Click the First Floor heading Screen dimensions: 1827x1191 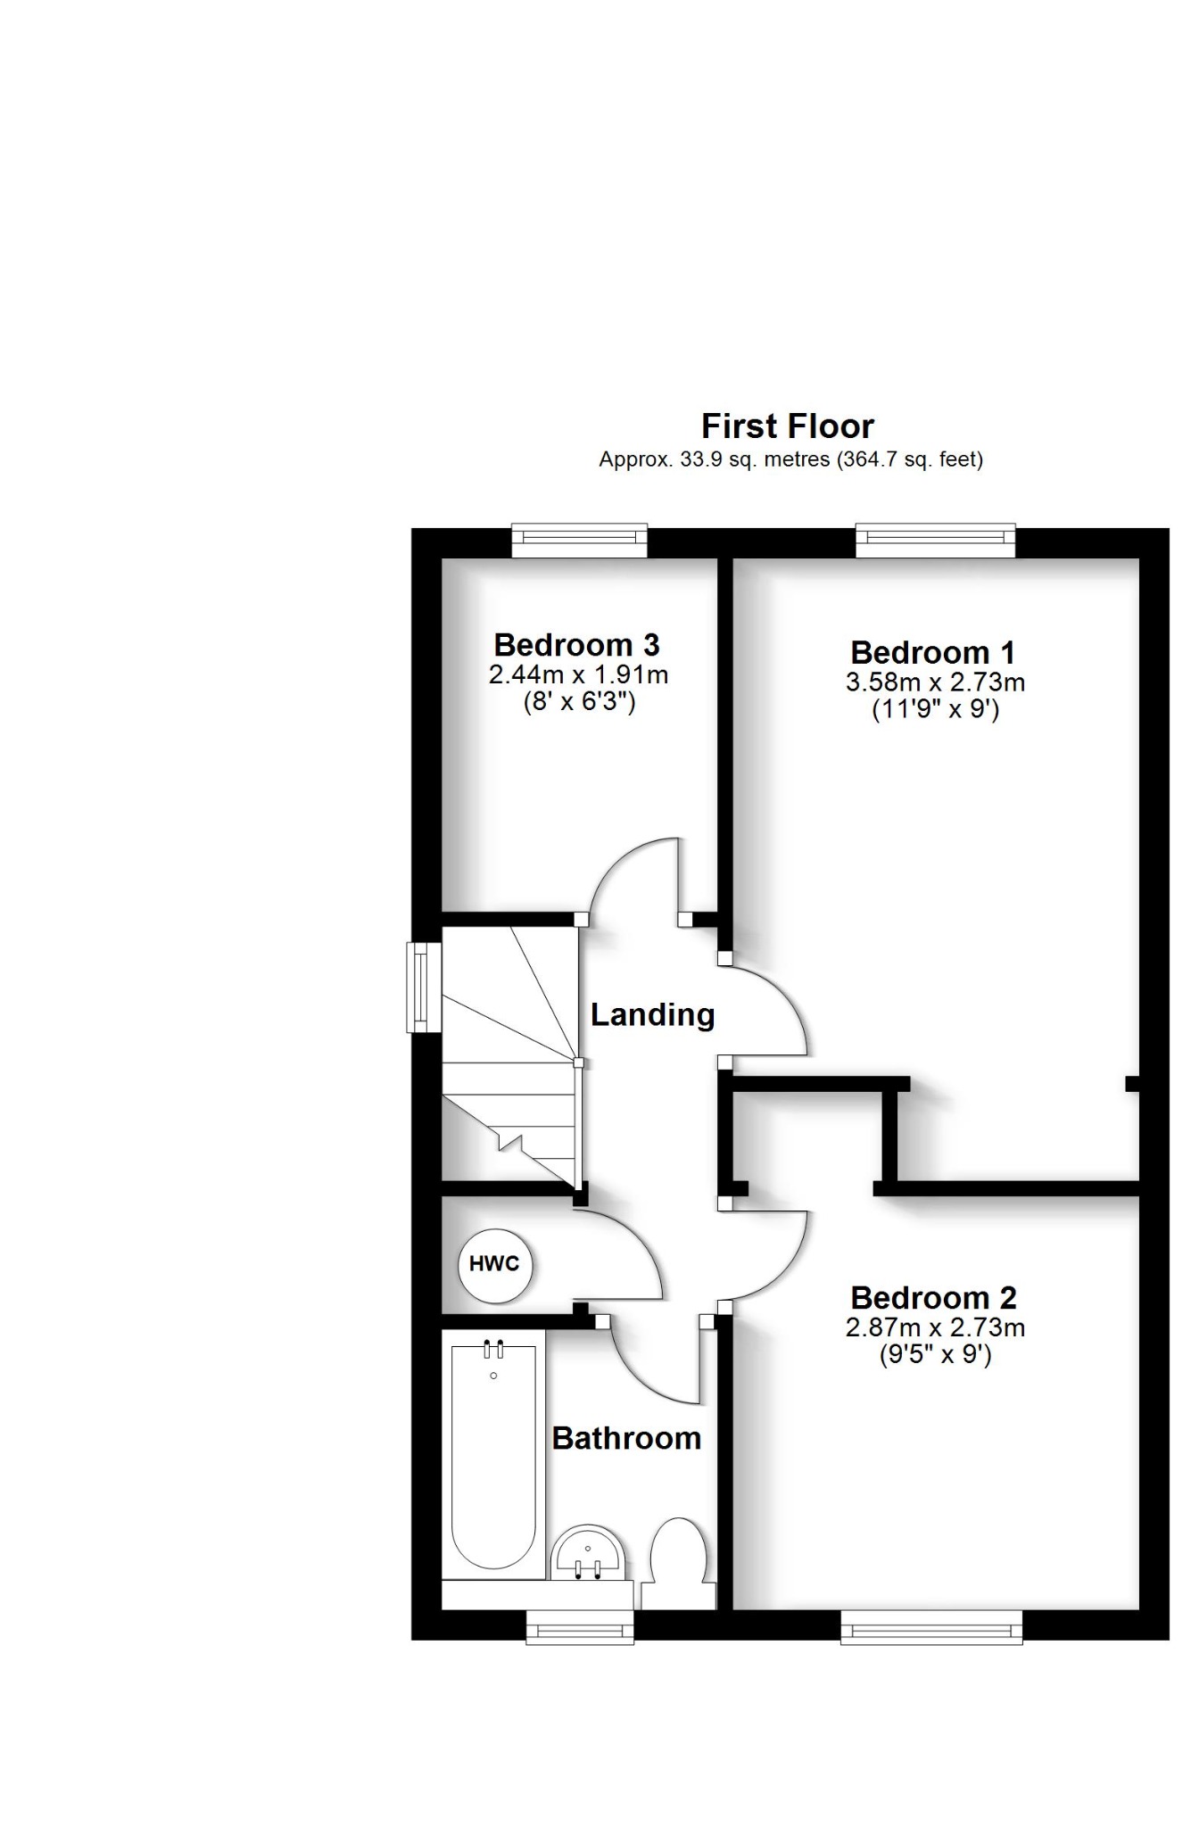[787, 426]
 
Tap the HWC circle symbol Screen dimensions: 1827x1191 [494, 1264]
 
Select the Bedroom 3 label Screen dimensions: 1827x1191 [576, 644]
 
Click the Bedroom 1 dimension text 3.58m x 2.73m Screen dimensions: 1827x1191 [934, 682]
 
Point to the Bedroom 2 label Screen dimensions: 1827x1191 [933, 1297]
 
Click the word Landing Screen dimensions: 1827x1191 [652, 1014]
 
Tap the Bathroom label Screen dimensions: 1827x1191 [626, 1438]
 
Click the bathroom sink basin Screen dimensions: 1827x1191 [588, 1553]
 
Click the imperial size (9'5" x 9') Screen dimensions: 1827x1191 [934, 1355]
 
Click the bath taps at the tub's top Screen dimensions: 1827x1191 [493, 1350]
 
